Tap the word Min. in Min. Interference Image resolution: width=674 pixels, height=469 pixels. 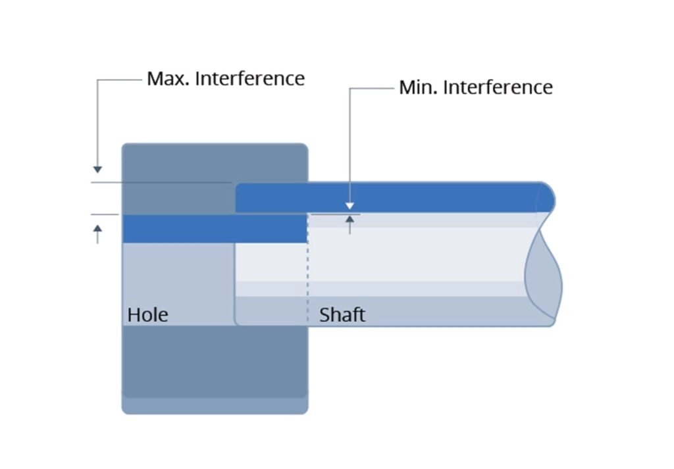tap(418, 87)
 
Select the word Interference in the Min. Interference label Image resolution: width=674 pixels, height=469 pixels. tap(498, 87)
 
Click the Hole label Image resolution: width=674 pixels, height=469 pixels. tap(147, 314)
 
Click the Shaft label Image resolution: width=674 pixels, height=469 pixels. tap(342, 314)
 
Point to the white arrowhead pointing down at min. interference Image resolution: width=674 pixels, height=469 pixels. tap(350, 206)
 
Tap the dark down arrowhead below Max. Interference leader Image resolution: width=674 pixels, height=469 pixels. tap(97, 170)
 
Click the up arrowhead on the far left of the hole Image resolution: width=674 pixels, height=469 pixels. tap(97, 229)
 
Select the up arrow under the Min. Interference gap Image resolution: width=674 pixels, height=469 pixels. tap(350, 220)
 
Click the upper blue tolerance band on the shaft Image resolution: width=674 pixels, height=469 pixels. tap(388, 197)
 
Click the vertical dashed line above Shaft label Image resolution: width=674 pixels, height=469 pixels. tap(308, 276)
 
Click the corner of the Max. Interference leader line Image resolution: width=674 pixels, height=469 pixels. tap(97, 80)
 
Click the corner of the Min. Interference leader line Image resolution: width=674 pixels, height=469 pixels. tap(350, 88)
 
